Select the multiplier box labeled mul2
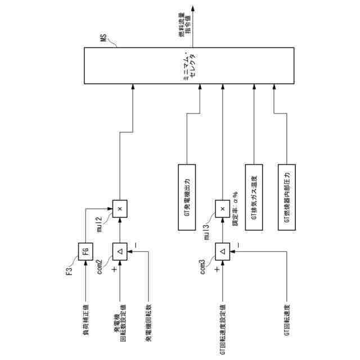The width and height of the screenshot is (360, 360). coord(119,209)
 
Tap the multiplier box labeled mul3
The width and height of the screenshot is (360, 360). coord(223,209)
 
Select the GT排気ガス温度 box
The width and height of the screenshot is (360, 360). coord(254,196)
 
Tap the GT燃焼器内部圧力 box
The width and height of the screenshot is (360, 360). coord(287,196)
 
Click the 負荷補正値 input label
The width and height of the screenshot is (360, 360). coord(85,315)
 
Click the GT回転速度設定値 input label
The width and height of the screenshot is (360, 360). coord(223,323)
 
